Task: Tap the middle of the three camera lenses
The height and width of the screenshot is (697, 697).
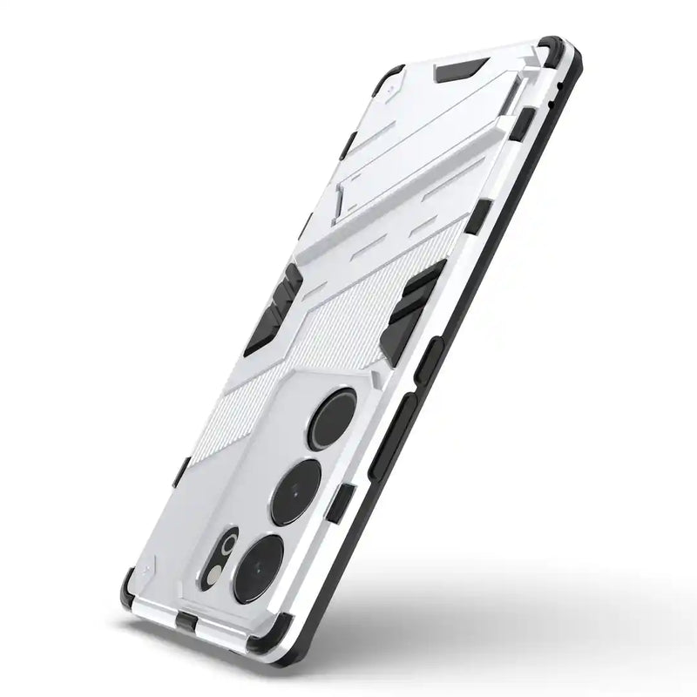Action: [295, 491]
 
